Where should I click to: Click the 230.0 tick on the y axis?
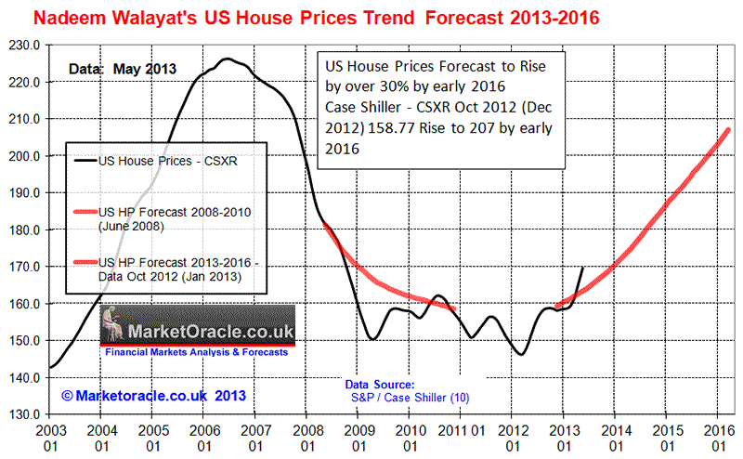pyautogui.click(x=24, y=45)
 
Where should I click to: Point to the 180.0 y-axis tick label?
pyautogui.click(x=24, y=229)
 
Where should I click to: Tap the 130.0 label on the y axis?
pyautogui.click(x=24, y=414)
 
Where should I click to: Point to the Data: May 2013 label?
pyautogui.click(x=122, y=69)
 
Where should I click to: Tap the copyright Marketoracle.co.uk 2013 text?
pyautogui.click(x=153, y=396)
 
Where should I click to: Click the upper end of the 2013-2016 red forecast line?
pyautogui.click(x=728, y=129)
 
